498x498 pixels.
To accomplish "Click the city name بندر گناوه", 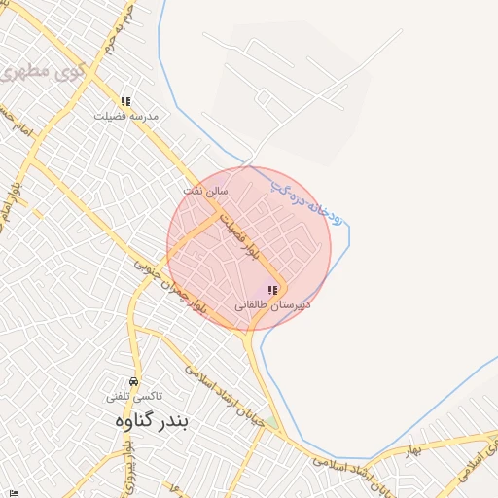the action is pos(148,421).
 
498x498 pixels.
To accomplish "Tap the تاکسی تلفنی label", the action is pos(134,397).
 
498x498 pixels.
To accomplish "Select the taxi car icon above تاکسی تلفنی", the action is pos(133,381).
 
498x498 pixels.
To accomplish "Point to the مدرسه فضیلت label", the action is pos(125,116).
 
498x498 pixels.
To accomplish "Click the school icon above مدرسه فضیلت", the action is pos(125,101).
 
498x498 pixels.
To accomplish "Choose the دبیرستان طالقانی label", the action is pos(272,304).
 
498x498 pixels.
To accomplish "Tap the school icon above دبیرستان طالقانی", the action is pos(272,290).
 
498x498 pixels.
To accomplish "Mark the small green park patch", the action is pos(271,423).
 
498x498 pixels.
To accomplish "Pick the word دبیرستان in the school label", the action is pos(289,304).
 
